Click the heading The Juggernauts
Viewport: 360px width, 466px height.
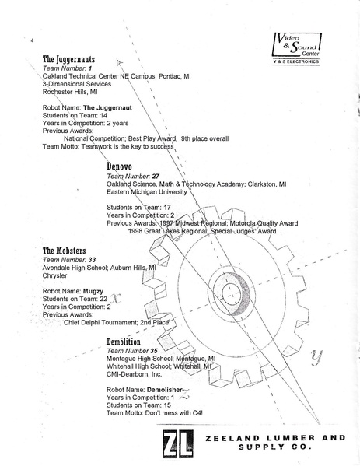[68, 59]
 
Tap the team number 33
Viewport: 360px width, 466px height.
[92, 260]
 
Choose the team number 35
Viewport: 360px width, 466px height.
[156, 351]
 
